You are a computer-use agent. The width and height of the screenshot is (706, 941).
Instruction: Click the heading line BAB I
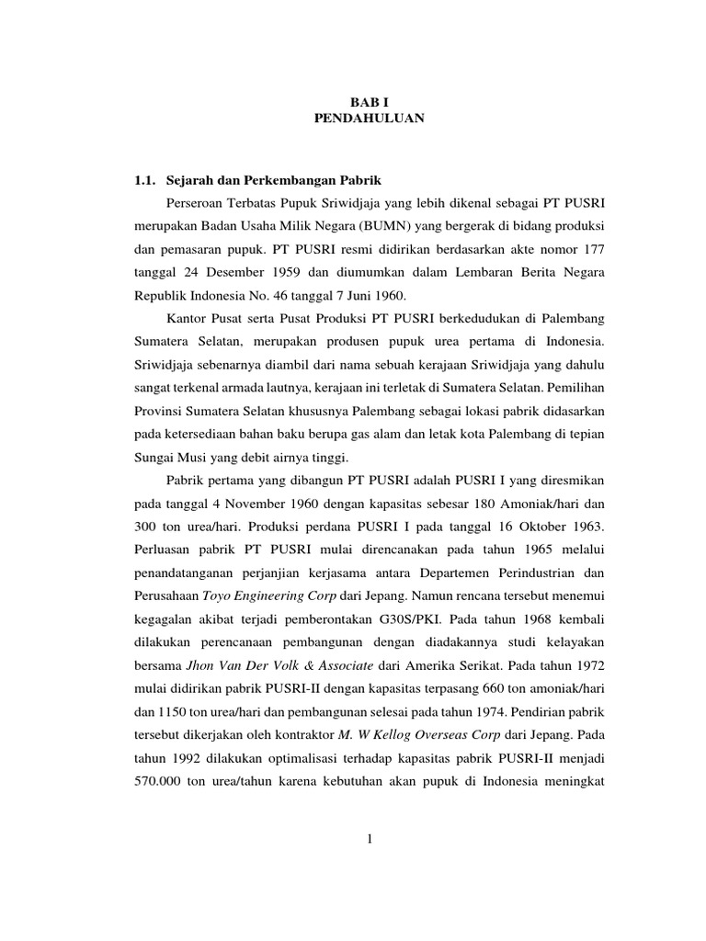(366, 103)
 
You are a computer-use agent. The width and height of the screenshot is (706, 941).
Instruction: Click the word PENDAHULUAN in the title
(366, 119)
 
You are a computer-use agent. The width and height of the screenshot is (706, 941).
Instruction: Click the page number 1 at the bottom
(366, 865)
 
